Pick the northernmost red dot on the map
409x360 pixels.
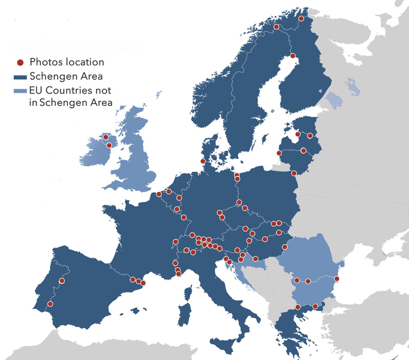(x=302, y=19)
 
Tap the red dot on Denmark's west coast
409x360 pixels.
(x=203, y=162)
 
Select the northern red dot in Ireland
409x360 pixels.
(x=106, y=137)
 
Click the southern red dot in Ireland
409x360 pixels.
(x=109, y=145)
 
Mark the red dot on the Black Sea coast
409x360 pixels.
(x=337, y=279)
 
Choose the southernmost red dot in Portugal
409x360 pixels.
(x=50, y=304)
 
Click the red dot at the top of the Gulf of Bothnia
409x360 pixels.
(x=293, y=56)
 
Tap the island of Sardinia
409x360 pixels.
(x=185, y=313)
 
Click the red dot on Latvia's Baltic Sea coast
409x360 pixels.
(x=279, y=153)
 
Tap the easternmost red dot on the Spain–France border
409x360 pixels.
(x=143, y=283)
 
